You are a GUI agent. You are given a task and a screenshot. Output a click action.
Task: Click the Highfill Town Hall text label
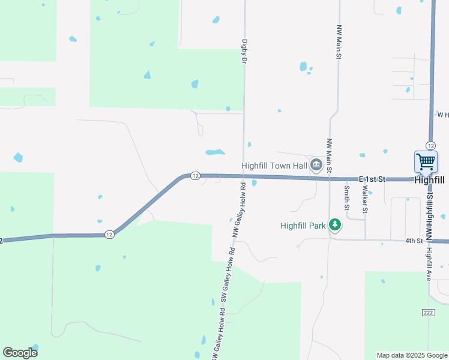274,166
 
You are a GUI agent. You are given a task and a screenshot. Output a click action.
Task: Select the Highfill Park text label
303,226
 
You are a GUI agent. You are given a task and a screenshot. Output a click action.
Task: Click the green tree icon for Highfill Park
335,225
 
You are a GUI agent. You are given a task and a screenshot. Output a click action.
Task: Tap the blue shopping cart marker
426,161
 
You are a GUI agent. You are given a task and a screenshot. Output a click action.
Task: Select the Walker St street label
364,199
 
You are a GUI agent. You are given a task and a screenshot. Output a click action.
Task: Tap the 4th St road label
414,241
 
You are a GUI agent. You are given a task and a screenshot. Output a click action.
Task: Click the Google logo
20,352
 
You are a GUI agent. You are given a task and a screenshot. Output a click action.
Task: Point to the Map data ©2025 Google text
412,355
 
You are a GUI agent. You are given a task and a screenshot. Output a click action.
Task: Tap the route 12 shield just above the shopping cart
430,146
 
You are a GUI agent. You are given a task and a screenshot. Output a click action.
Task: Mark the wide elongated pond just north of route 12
215,152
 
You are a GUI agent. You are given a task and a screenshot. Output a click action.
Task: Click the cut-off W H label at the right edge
443,114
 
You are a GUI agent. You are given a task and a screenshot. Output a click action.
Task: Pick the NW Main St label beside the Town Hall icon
329,156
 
